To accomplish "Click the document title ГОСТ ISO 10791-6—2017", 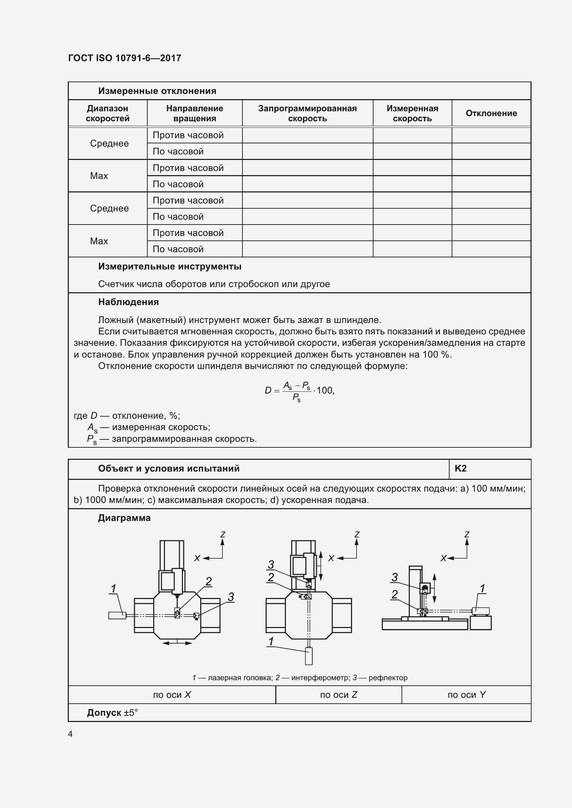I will pyautogui.click(x=124, y=58).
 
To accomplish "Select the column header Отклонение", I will pyautogui.click(x=491, y=113).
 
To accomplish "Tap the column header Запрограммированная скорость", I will pyautogui.click(x=307, y=113).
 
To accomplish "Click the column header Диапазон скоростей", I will pyautogui.click(x=108, y=113).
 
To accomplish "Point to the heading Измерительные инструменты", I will pyautogui.click(x=169, y=266).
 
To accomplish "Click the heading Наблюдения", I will pyautogui.click(x=128, y=302).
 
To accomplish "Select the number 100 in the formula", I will pyautogui.click(x=324, y=390).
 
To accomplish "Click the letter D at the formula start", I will pyautogui.click(x=268, y=390).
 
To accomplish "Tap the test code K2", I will pyautogui.click(x=460, y=468).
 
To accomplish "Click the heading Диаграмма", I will pyautogui.click(x=124, y=518).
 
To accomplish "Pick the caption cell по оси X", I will pyautogui.click(x=172, y=695).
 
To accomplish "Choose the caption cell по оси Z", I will pyautogui.click(x=339, y=695).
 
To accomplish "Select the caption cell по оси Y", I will pyautogui.click(x=466, y=695).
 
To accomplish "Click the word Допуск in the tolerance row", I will pyautogui.click(x=104, y=713).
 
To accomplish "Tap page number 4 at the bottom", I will pyautogui.click(x=70, y=734).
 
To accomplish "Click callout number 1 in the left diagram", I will pyautogui.click(x=113, y=588).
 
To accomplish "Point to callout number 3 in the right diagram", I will pyautogui.click(x=395, y=577).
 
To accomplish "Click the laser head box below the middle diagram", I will pyautogui.click(x=308, y=656).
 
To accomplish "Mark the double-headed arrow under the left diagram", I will pyautogui.click(x=177, y=643).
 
